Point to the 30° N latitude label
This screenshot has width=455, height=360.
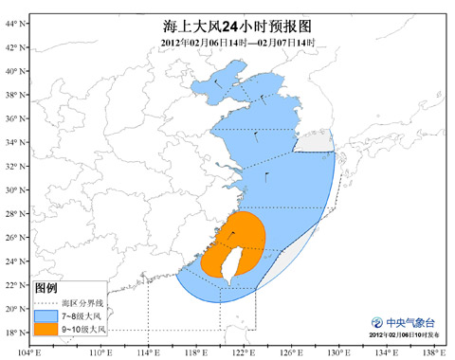pyautogui.click(x=14, y=189)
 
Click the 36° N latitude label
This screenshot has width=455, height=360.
pyautogui.click(x=14, y=118)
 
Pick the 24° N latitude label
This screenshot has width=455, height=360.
pyautogui.click(x=14, y=261)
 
